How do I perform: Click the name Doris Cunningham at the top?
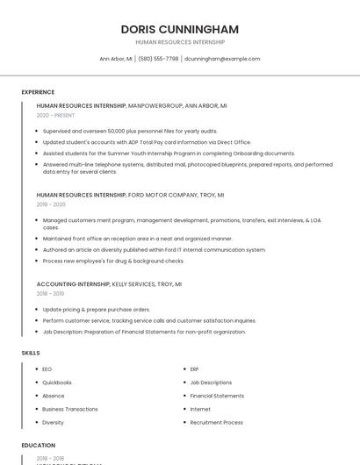pyautogui.click(x=180, y=29)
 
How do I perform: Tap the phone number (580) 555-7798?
pyautogui.click(x=158, y=59)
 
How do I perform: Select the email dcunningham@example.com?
pyautogui.click(x=222, y=59)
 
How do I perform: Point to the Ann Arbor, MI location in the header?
pyautogui.click(x=116, y=59)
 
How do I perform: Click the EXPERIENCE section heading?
pyautogui.click(x=38, y=92)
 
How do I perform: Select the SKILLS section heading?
pyautogui.click(x=31, y=353)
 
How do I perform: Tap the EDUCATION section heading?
pyautogui.click(x=39, y=446)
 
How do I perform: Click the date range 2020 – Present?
pyautogui.click(x=55, y=115)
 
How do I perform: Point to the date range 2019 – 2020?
pyautogui.click(x=51, y=204)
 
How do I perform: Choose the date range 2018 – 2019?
pyautogui.click(x=51, y=294)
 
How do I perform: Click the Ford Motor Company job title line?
pyautogui.click(x=130, y=195)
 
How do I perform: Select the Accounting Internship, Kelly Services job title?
pyautogui.click(x=109, y=284)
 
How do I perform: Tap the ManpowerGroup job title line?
pyautogui.click(x=132, y=105)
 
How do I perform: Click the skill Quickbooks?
pyautogui.click(x=57, y=383)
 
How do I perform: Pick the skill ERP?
pyautogui.click(x=195, y=369)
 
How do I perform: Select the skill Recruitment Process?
pyautogui.click(x=217, y=422)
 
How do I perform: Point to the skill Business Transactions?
pyautogui.click(x=70, y=409)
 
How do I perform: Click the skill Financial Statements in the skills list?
pyautogui.click(x=217, y=396)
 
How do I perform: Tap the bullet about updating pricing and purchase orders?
pyautogui.click(x=97, y=310)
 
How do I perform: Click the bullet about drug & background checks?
pyautogui.click(x=113, y=261)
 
